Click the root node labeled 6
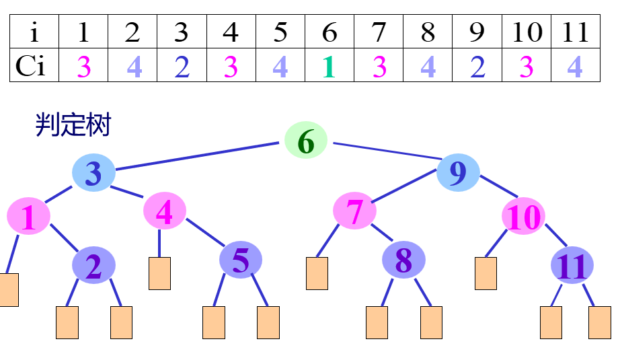point(305,141)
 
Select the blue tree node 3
point(93,173)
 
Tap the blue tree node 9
point(458,173)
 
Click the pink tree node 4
point(165,211)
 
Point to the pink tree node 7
point(354,211)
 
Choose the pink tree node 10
point(524,217)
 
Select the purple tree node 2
point(93,265)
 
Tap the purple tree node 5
point(241,260)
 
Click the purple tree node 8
point(403,260)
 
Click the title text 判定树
point(73,125)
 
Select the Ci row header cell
point(34,66)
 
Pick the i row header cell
point(34,32)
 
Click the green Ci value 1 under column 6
point(329,66)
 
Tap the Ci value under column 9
point(477,66)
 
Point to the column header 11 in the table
point(576,32)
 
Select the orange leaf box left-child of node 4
point(159,273)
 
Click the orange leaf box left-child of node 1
point(8,290)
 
